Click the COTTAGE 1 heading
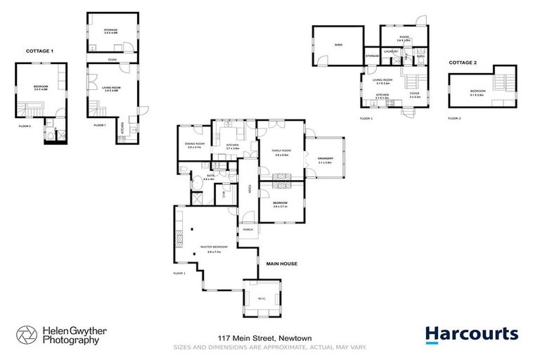(39, 51)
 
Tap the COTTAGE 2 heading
(463, 63)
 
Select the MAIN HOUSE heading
(281, 264)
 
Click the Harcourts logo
(471, 333)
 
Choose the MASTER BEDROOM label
(210, 248)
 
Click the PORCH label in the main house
(247, 230)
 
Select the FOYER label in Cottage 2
(414, 94)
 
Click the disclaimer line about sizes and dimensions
(270, 347)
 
